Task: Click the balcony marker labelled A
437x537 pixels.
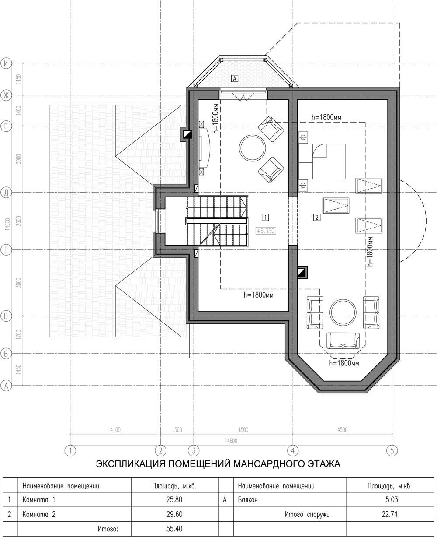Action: point(234,78)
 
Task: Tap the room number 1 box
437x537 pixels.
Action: point(265,217)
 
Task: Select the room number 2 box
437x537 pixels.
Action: point(317,217)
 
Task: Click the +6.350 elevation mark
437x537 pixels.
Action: point(266,231)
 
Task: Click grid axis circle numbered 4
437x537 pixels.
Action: point(293,450)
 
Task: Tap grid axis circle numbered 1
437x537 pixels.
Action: point(70,450)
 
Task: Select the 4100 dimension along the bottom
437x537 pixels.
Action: point(115,430)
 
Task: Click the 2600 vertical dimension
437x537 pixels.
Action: point(19,221)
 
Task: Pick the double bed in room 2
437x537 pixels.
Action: point(322,161)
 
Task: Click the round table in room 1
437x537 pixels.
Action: point(252,148)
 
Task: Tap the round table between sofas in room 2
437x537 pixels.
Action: point(343,312)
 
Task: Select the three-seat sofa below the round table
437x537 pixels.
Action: point(343,340)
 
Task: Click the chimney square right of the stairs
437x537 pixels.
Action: point(302,272)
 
